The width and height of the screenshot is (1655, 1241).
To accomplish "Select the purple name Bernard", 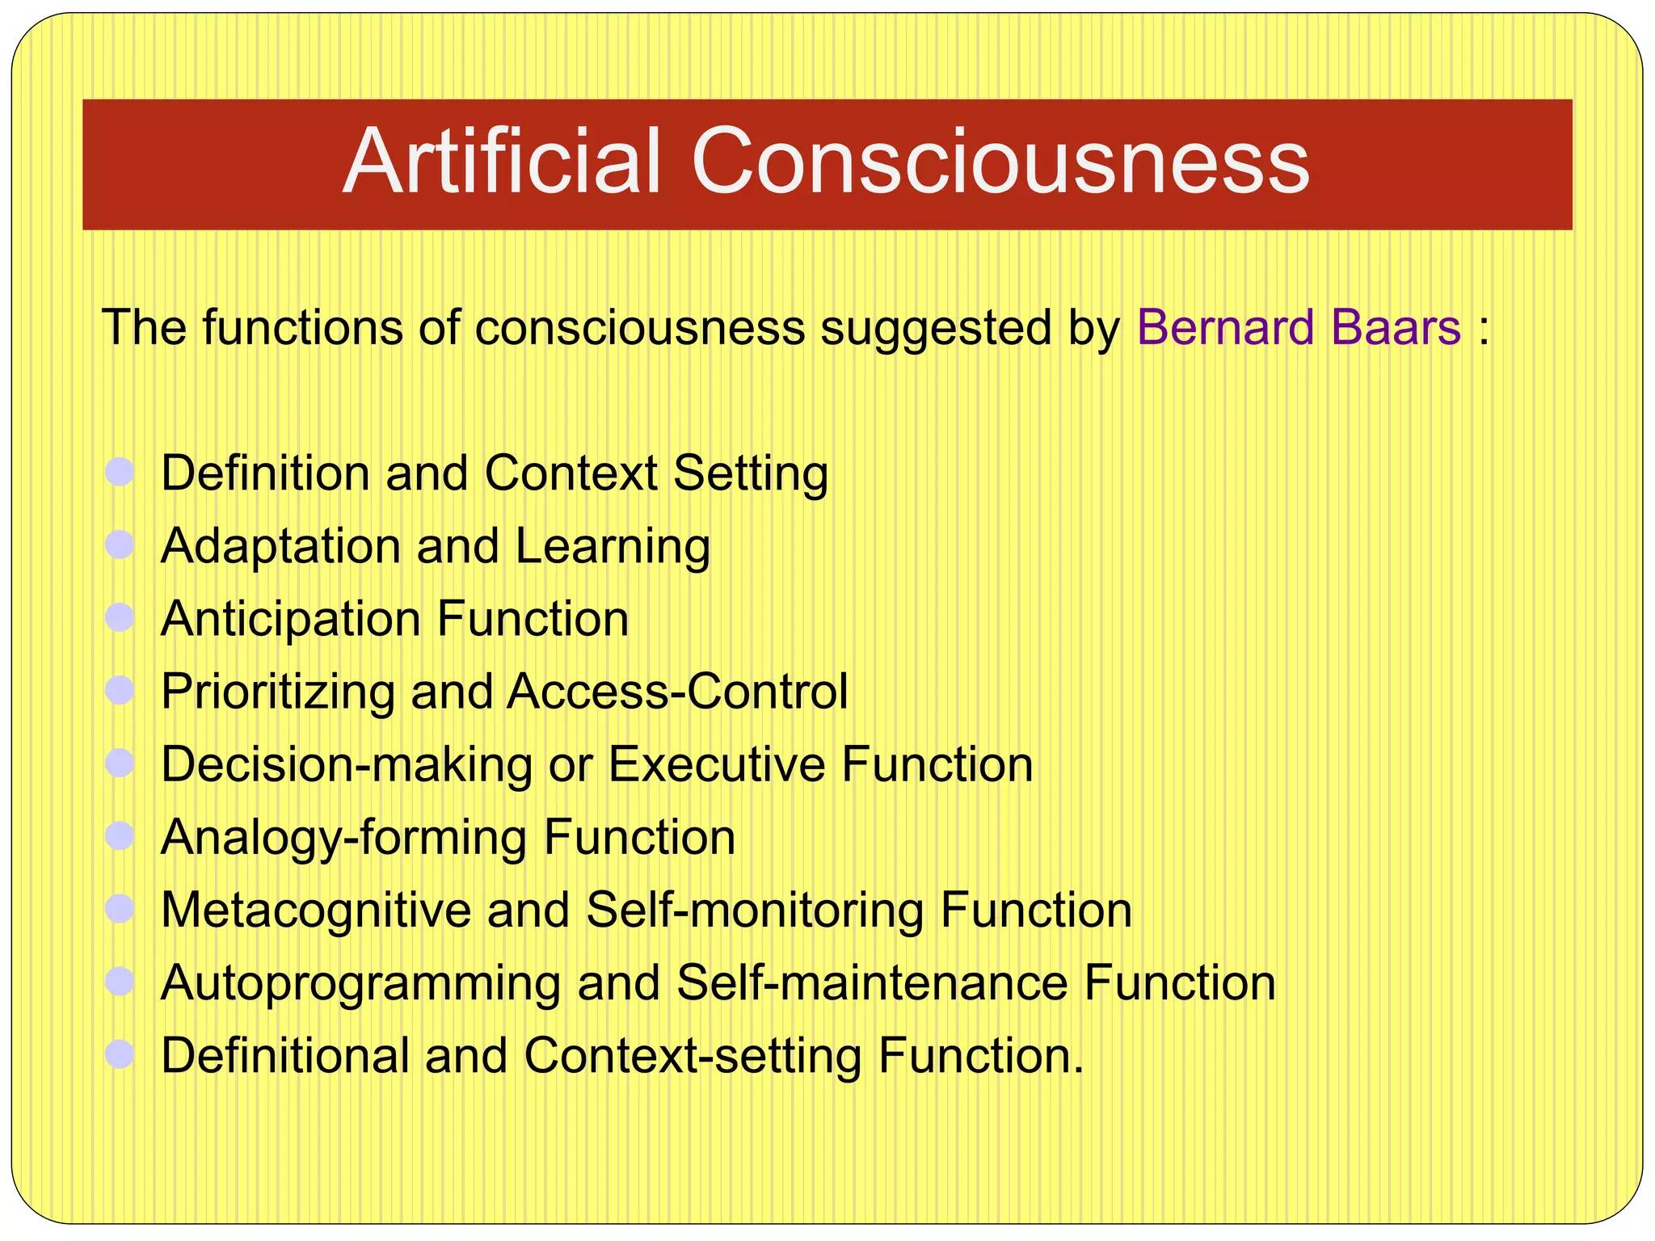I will tap(1226, 328).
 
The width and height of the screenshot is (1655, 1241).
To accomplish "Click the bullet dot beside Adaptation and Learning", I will tap(120, 545).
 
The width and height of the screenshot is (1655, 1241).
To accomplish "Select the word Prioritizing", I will tap(277, 692).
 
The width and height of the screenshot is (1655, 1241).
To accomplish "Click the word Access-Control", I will tap(677, 692).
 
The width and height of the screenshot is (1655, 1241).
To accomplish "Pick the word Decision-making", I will tap(346, 765).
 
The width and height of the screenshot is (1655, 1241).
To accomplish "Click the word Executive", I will tap(716, 764).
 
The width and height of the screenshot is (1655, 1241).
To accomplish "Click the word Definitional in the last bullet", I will tap(285, 1056).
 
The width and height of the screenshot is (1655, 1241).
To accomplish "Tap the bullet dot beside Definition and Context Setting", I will tap(120, 472).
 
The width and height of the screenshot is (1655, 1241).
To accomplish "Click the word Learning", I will tap(613, 547).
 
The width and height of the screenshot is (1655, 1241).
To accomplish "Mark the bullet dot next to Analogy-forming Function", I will tap(120, 836).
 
